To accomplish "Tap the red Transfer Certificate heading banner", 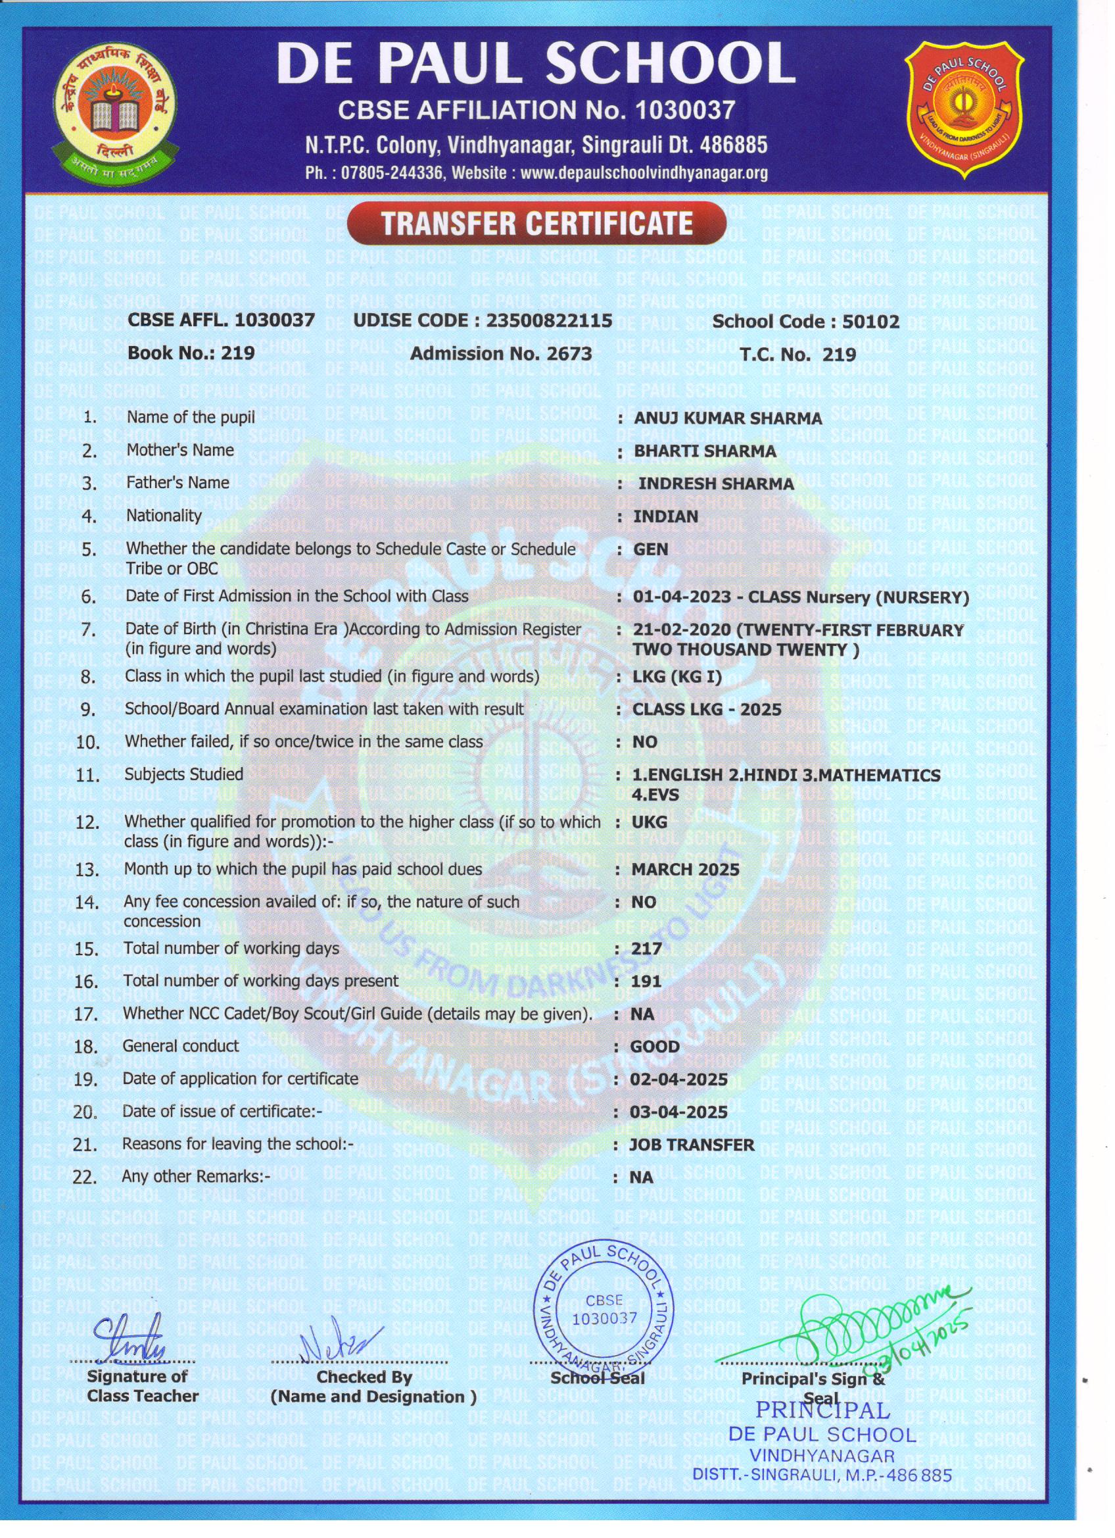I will [537, 223].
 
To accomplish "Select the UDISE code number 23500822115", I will [550, 320].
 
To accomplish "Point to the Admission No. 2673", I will [501, 353].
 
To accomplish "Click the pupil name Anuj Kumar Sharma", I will [727, 418].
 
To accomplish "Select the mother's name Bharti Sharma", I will [704, 451].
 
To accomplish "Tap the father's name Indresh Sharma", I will [716, 484].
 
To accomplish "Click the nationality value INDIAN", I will [665, 516].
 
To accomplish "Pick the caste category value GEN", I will [650, 549].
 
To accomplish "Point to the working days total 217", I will [646, 949].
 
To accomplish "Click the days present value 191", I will [646, 981].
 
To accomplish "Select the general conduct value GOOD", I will [654, 1047].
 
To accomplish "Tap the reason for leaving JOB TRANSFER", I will [692, 1145].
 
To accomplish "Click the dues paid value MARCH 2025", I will [685, 870].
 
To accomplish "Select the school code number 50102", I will [870, 322].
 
